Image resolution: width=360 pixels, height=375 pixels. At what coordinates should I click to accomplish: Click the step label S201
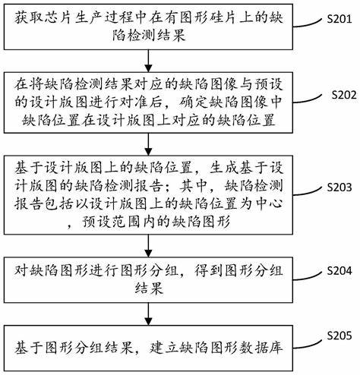tap(339, 19)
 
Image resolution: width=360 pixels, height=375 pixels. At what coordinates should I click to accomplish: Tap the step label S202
tap(344, 95)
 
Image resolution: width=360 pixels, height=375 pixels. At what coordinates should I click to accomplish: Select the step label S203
tap(339, 187)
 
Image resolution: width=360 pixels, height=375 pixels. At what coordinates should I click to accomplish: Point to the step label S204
tap(339, 271)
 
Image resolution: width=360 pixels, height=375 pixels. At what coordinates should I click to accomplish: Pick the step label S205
tap(339, 336)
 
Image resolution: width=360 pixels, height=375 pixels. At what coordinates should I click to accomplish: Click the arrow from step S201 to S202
tap(148, 61)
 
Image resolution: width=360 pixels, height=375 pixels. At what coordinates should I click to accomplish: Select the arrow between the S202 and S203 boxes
tap(148, 144)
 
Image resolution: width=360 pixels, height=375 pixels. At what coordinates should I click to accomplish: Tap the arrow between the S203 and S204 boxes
tap(148, 245)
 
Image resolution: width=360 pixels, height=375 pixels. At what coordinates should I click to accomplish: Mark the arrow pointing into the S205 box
tap(148, 314)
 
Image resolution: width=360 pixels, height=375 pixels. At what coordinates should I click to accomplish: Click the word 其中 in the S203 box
tap(193, 187)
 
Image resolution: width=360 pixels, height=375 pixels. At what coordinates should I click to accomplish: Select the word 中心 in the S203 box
tap(269, 204)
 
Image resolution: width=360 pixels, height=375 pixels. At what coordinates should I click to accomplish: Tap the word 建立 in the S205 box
tap(163, 348)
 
